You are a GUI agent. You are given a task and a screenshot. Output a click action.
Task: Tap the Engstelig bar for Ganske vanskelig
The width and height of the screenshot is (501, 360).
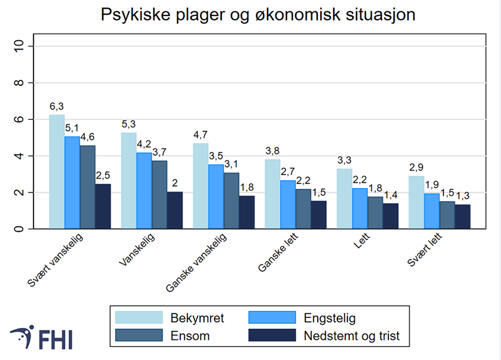[216, 197]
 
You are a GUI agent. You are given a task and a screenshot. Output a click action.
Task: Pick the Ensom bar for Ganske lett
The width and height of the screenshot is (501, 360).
[304, 209]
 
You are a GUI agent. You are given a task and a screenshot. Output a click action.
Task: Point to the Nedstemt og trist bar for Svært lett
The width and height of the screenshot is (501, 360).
[462, 216]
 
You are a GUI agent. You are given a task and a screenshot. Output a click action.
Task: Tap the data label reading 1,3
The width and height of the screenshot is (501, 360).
[463, 197]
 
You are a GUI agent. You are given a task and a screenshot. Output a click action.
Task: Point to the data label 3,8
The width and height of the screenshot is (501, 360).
[272, 151]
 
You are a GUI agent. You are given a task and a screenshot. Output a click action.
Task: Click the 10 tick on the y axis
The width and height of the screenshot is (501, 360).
[20, 46]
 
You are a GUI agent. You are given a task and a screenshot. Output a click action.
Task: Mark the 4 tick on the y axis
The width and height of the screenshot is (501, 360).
[20, 156]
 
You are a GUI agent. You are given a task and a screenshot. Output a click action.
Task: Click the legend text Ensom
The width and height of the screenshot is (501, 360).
[190, 336]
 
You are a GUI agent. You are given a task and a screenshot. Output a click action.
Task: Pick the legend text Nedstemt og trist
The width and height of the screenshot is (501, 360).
[351, 336]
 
